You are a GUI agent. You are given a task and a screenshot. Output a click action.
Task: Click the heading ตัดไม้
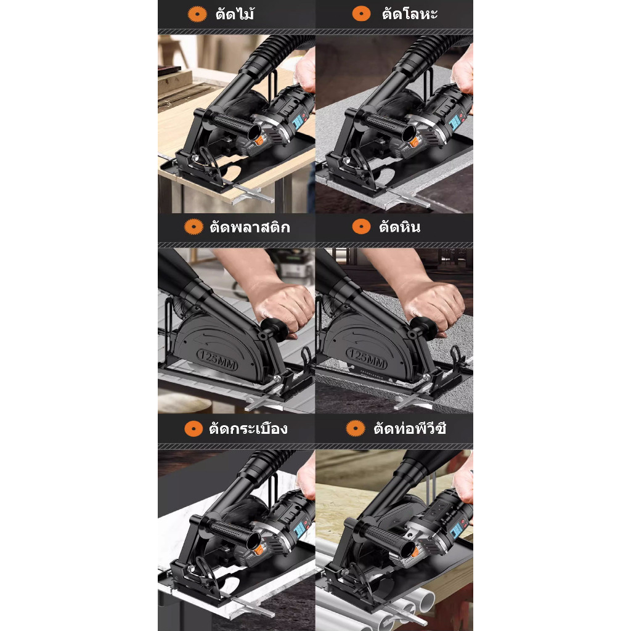point(235,14)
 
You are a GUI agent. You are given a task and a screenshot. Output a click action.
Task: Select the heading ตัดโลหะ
point(410,14)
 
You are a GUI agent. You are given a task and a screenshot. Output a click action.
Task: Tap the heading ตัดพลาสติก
point(250,227)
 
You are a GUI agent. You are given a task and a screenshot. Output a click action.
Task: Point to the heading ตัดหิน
point(399,227)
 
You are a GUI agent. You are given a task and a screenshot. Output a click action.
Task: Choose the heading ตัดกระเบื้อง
point(248,428)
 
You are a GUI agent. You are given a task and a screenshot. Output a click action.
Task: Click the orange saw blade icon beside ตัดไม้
point(197,14)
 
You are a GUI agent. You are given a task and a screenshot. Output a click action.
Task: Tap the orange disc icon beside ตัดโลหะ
point(361,14)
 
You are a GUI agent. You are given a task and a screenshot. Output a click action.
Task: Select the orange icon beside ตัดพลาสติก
point(193,227)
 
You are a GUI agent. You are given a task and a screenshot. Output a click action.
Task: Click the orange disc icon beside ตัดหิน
point(361,227)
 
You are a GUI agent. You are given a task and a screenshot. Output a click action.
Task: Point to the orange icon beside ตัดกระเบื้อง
point(193,429)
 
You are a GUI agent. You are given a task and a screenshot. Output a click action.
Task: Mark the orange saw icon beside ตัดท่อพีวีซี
point(356,428)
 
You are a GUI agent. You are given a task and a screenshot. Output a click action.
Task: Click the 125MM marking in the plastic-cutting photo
point(218,360)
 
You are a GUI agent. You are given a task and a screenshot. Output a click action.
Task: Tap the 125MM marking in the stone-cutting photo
point(367,359)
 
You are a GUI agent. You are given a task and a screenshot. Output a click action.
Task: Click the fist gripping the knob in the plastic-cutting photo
point(282,309)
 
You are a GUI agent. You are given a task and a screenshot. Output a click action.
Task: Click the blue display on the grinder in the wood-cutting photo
point(298,121)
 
